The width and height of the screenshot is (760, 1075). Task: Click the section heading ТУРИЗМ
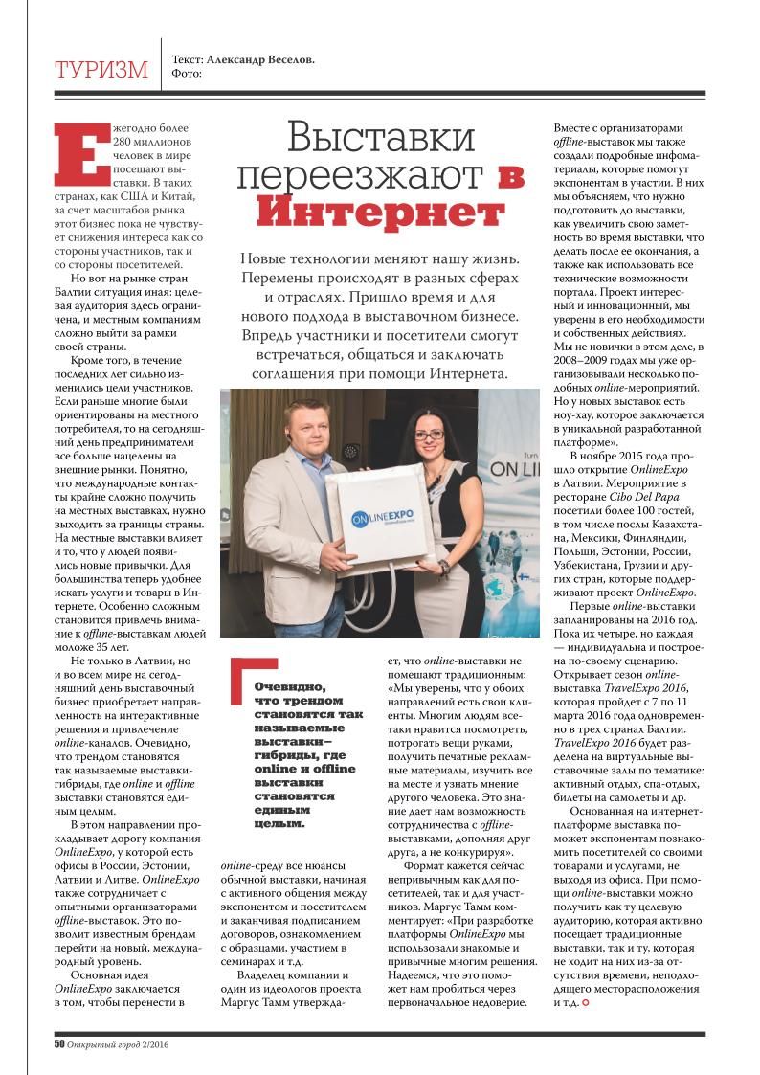tap(101, 70)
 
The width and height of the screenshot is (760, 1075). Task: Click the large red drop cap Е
tap(80, 151)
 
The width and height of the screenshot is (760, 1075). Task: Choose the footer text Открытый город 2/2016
tap(123, 1043)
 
